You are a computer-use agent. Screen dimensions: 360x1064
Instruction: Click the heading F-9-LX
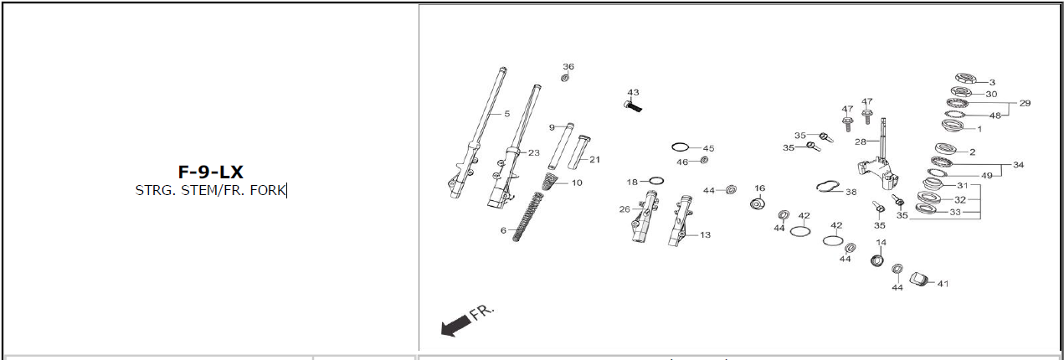(210, 172)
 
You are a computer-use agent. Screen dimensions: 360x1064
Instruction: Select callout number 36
(568, 67)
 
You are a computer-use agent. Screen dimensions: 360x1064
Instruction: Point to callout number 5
(506, 113)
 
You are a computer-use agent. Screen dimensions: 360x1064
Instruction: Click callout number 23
(534, 152)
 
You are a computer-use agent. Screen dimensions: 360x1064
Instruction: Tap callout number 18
(632, 182)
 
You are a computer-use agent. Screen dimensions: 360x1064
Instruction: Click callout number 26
(625, 209)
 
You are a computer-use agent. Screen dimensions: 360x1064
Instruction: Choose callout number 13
(705, 235)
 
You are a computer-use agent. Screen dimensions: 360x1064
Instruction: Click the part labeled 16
(758, 205)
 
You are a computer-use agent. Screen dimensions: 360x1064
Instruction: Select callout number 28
(860, 142)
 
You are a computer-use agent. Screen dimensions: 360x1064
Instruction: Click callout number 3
(992, 82)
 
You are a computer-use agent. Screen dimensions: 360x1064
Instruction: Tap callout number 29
(1025, 104)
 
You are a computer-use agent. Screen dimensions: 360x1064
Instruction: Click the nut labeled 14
(876, 260)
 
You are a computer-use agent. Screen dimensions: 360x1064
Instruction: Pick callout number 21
(594, 159)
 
